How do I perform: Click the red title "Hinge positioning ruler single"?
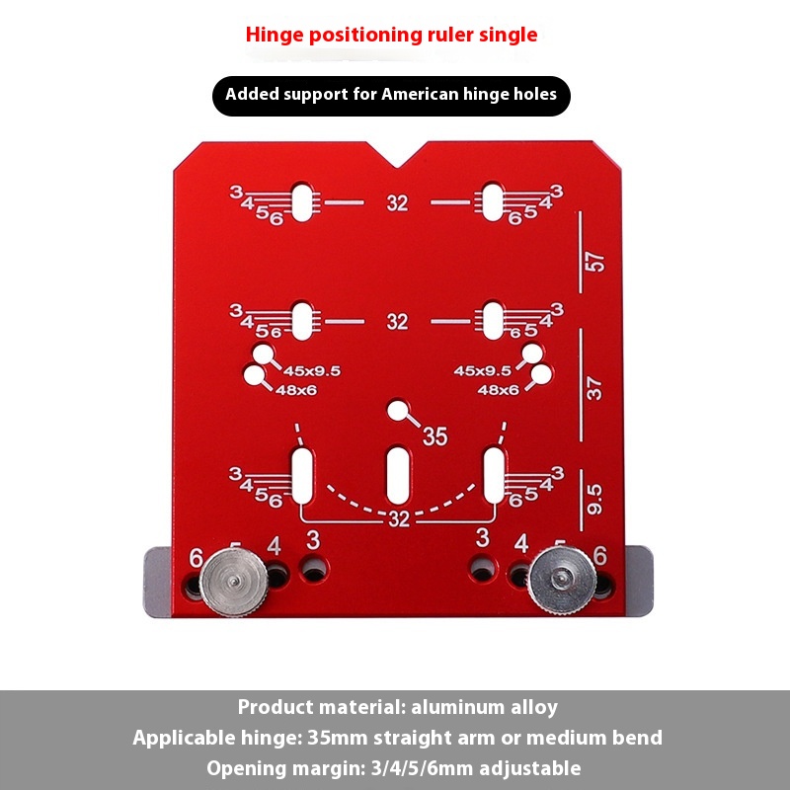tap(391, 35)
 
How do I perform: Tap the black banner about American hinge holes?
tap(391, 96)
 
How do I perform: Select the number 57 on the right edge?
tap(594, 263)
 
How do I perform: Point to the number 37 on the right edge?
tap(594, 389)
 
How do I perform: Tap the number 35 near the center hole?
tap(434, 435)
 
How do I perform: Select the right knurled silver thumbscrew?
tap(560, 581)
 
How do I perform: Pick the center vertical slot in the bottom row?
tap(398, 475)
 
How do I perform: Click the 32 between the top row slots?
tap(397, 203)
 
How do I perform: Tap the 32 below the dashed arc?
tap(399, 519)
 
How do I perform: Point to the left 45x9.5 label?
tap(312, 370)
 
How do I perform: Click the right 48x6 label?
tap(499, 390)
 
